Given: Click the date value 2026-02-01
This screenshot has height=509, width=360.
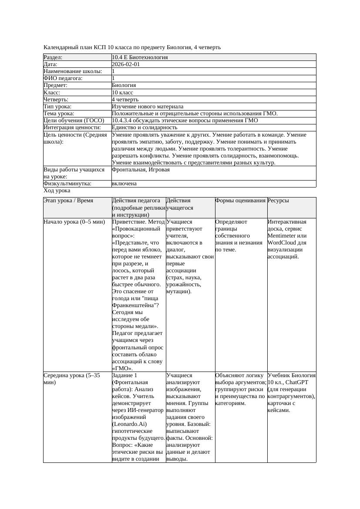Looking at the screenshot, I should [126, 64].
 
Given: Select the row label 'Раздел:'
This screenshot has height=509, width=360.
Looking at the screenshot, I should [53, 57].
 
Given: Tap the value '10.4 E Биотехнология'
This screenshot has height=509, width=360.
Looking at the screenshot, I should [140, 57].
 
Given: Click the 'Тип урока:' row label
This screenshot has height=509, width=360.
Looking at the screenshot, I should [57, 107].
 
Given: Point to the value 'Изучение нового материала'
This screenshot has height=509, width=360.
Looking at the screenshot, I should [148, 107].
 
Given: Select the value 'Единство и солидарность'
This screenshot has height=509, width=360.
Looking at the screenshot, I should [145, 127].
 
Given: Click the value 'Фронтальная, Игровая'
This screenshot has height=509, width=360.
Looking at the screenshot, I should [141, 170].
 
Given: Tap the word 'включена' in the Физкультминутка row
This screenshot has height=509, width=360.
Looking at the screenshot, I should [124, 184].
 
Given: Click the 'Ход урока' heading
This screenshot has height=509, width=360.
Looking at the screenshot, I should [57, 191].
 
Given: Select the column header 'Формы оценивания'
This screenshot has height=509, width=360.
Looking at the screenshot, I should [241, 201].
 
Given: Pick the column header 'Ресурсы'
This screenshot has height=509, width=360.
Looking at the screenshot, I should [278, 201].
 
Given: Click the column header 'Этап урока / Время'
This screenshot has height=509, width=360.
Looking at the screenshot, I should [71, 201].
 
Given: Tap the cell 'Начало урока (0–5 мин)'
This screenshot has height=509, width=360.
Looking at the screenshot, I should [74, 222].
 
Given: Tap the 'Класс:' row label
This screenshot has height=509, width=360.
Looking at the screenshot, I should [52, 93].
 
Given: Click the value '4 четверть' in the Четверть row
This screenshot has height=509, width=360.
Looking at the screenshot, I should [125, 100].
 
